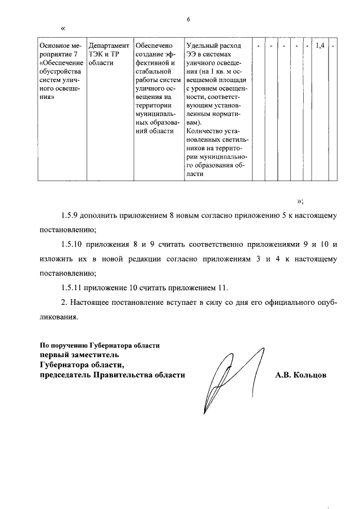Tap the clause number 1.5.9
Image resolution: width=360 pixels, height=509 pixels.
coord(70,216)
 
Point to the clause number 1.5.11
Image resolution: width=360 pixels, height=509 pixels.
coord(73,288)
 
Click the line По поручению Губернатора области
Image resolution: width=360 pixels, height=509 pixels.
coord(100,345)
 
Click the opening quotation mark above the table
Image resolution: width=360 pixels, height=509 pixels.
coord(62,28)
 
